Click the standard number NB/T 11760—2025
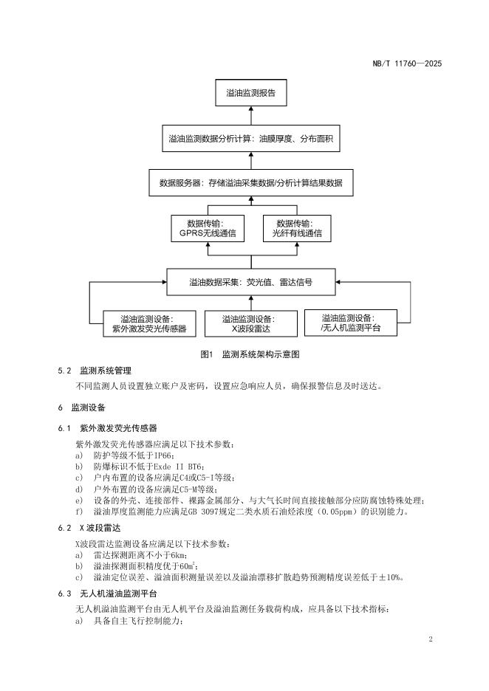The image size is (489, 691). coord(406,63)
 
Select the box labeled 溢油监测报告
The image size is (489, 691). coord(251,94)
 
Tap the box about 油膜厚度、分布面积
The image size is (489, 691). coord(251,138)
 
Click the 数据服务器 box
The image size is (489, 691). coord(251,182)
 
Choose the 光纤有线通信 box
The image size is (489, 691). coord(297,228)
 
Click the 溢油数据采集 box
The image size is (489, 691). coord(251,281)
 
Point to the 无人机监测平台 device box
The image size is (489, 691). coord(351,323)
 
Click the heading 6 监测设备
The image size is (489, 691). coord(82,407)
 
